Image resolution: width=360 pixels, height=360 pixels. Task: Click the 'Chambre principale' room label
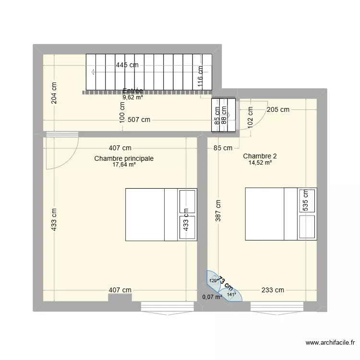124,158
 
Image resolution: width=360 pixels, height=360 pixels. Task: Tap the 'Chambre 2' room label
260,156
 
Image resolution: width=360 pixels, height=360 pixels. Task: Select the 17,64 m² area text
124,165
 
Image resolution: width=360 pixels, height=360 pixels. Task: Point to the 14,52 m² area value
260,163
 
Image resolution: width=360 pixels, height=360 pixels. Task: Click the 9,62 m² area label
133,97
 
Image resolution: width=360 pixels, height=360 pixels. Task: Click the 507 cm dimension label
139,120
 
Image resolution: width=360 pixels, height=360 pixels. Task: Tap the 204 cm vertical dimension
54,93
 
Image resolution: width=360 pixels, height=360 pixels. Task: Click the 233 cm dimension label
273,289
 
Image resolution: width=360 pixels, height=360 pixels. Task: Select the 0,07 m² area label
212,297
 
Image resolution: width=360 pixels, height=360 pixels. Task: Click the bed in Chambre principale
161,214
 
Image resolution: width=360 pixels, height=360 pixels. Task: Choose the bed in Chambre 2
281,213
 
